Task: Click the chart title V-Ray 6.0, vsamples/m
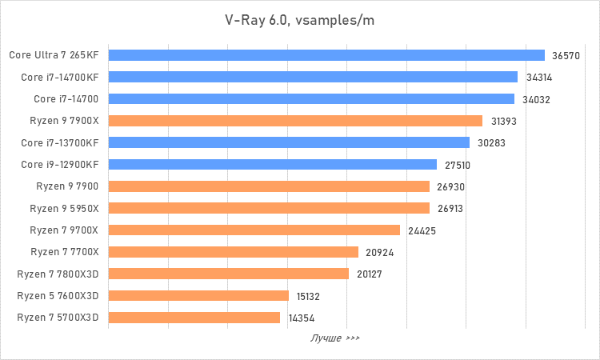coord(299,20)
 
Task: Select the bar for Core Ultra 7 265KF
coord(326,55)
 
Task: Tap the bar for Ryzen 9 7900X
coord(294,121)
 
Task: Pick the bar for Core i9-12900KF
coord(272,165)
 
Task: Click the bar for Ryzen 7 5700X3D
coord(194,318)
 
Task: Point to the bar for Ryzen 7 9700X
coord(254,230)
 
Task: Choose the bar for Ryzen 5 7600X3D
coord(198,295)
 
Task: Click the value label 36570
coord(566,56)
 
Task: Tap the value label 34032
coord(535,99)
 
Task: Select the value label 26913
coord(450,209)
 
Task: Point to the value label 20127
coord(370,274)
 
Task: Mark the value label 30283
coord(490,143)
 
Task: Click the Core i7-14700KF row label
coord(60,78)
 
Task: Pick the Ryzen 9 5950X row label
coord(64,208)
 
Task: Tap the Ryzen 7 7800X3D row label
coord(58,274)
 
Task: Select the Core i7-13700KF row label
coord(60,142)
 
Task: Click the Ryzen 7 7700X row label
coord(64,252)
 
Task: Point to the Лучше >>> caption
coord(334,338)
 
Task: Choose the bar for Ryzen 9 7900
coord(268,186)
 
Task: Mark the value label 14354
coord(301,318)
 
